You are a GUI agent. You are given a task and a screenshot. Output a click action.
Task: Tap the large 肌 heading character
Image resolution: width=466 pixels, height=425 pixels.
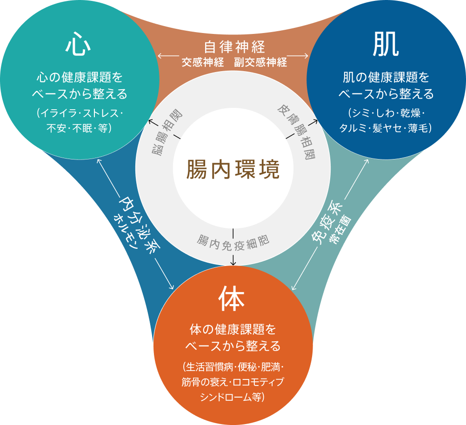point(386,46)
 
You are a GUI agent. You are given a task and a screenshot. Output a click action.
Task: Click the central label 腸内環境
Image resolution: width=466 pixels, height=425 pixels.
point(233,169)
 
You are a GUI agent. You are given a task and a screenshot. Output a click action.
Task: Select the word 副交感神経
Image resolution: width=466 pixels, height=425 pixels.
point(260,62)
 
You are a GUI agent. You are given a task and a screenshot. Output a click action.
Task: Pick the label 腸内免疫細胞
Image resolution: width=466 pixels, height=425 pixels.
point(233,241)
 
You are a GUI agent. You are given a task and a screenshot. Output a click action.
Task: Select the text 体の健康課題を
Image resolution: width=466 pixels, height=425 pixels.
point(233,331)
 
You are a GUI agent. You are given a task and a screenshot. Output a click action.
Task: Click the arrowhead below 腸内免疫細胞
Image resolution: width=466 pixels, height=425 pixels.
point(233,263)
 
